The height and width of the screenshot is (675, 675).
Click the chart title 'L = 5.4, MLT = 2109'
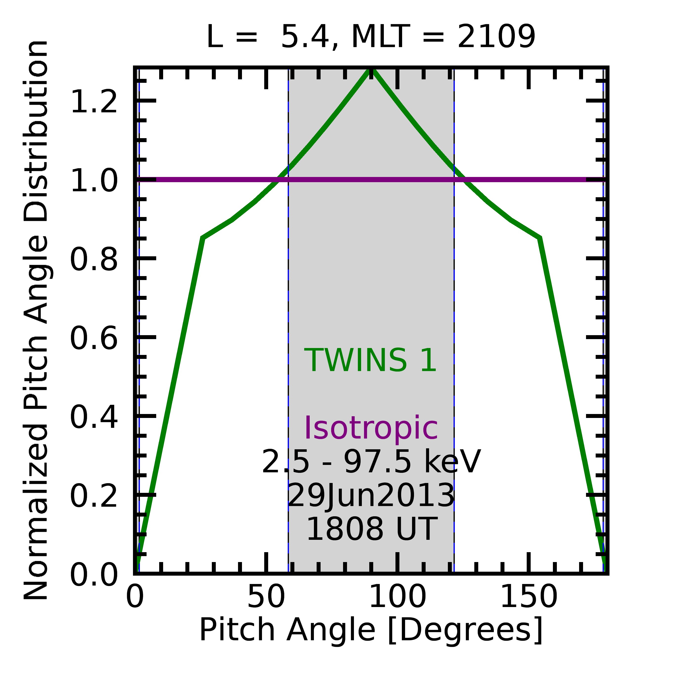tap(371, 37)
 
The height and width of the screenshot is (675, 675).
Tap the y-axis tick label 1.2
tap(94, 102)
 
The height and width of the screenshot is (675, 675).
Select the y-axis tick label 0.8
tap(94, 260)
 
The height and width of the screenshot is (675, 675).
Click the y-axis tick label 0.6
tap(94, 338)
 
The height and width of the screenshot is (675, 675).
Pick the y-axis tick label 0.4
tap(94, 417)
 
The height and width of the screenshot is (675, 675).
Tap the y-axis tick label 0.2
tap(94, 496)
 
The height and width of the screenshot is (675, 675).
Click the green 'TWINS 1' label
tap(371, 361)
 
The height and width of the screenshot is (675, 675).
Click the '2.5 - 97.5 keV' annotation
tap(371, 462)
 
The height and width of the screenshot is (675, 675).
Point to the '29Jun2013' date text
tap(371, 496)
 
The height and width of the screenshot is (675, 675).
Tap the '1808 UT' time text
tap(371, 529)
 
